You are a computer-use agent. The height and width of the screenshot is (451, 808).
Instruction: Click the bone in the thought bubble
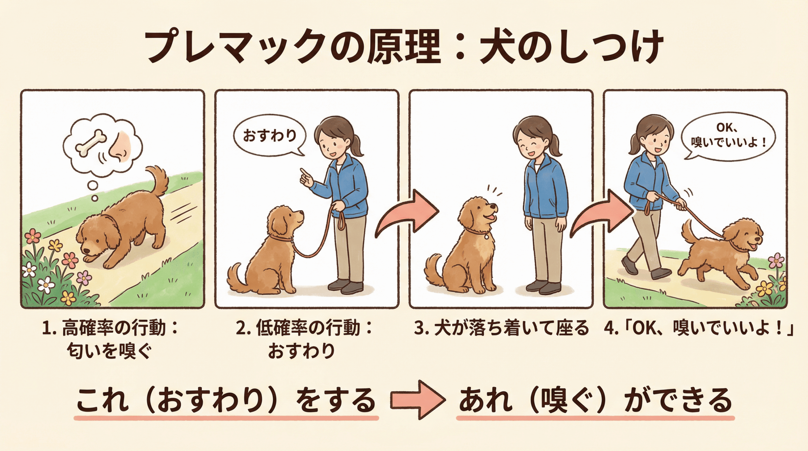point(92,144)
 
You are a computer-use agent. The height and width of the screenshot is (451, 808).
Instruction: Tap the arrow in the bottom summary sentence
point(417,400)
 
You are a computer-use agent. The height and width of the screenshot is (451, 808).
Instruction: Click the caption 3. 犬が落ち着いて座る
point(502,328)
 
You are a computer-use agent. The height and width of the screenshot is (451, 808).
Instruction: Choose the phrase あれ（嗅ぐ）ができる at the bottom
point(595,400)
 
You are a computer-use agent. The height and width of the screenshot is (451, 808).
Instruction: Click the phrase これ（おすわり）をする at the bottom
point(226,400)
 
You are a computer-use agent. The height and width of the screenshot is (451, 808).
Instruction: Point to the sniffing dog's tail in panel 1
point(158,180)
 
